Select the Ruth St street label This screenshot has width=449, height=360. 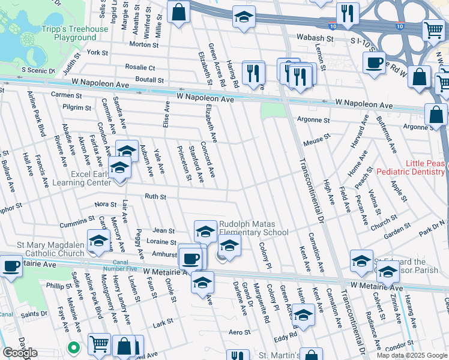pos(155,196)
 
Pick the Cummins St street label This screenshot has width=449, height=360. pos(73,223)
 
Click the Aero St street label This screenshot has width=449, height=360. pos(239,332)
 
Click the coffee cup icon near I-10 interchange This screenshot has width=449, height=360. pos(374,63)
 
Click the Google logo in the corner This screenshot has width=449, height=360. pos(19,353)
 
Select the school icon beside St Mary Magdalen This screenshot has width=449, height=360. pos(98,241)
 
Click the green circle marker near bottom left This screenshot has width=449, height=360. pos(73,347)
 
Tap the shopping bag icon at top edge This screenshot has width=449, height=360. pos(178,12)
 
